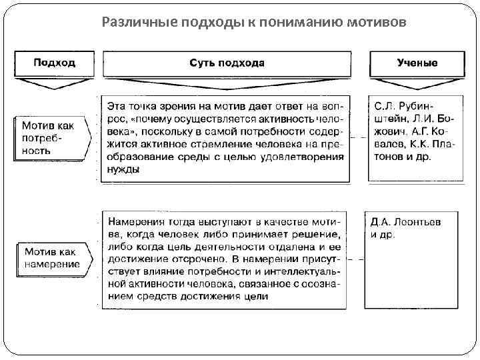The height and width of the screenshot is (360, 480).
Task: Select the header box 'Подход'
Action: [54, 63]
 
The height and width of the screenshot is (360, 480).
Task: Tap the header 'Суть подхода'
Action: [227, 63]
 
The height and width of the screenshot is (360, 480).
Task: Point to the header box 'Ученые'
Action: [417, 63]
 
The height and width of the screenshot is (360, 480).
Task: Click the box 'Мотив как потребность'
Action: [49, 137]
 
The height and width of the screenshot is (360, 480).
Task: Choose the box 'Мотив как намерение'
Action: [52, 258]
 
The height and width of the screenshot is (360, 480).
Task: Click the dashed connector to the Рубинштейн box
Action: [359, 137]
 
